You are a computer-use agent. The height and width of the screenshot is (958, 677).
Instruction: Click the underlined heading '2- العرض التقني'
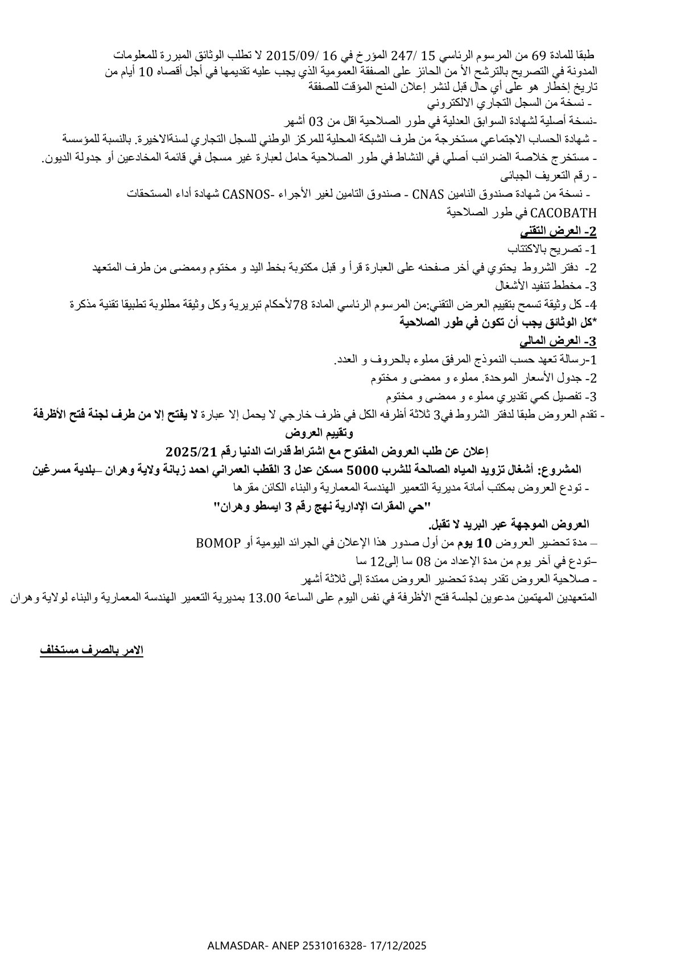[x=558, y=232]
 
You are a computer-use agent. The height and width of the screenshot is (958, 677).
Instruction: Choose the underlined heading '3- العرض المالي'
[x=558, y=342]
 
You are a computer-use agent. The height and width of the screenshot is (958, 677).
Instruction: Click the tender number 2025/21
[x=190, y=451]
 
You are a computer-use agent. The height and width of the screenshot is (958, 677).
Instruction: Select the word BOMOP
[x=218, y=542]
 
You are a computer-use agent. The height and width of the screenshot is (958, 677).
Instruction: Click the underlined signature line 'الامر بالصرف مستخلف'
[x=92, y=650]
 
